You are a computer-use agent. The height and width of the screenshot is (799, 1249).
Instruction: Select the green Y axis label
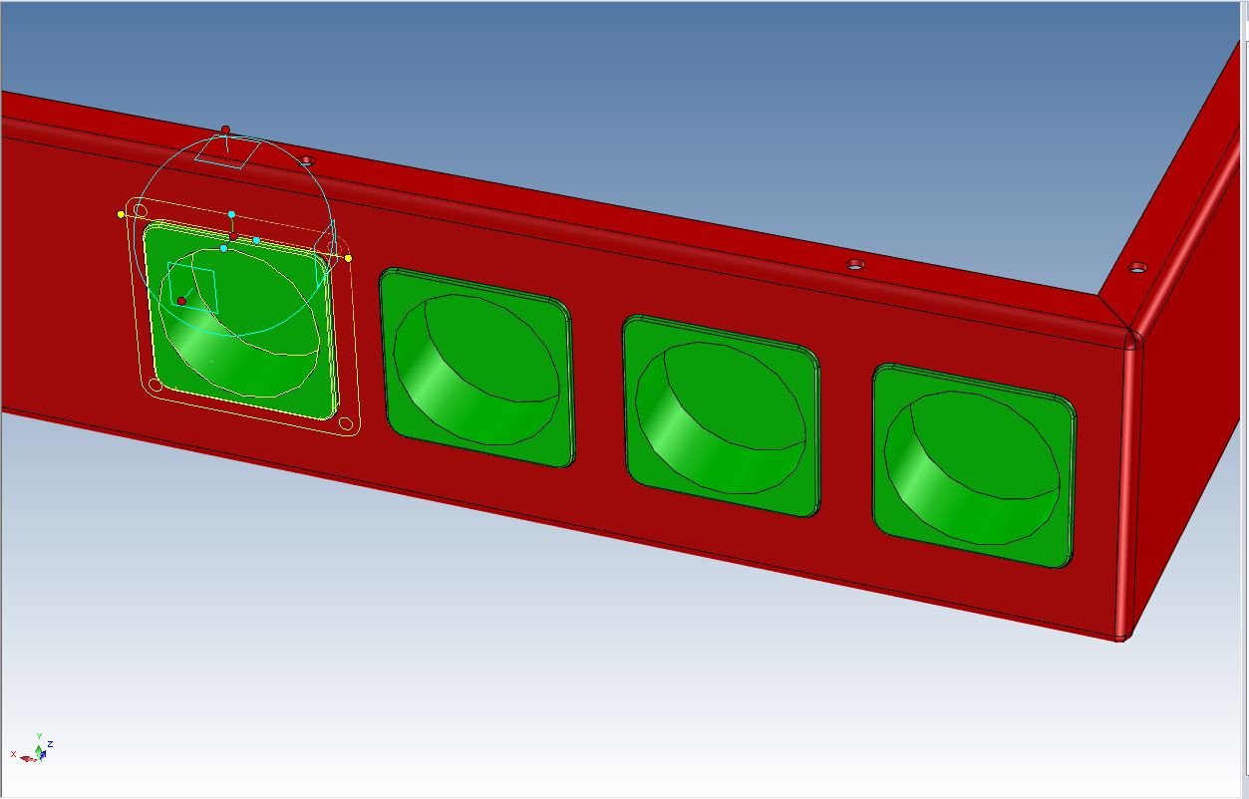click(39, 736)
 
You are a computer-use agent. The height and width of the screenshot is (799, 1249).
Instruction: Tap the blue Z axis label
click(50, 743)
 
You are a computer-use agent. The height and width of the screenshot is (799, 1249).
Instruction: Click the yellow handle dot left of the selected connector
click(122, 214)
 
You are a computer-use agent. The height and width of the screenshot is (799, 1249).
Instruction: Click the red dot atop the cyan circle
click(225, 130)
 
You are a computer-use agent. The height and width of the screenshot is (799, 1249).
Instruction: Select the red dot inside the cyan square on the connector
click(181, 301)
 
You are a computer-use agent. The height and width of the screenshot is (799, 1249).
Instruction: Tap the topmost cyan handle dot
click(231, 214)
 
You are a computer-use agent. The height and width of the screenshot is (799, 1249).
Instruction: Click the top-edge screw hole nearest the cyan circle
click(307, 159)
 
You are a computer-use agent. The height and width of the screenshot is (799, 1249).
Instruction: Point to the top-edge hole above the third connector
click(854, 264)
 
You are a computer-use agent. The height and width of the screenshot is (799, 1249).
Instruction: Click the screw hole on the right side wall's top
click(1136, 267)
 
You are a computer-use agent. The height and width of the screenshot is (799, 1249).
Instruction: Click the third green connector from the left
click(721, 414)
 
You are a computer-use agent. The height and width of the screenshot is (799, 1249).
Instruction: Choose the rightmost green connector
click(974, 465)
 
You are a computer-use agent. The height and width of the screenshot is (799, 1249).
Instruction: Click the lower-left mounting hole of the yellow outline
click(155, 385)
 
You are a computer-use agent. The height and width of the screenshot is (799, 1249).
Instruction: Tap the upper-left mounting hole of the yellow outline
click(141, 210)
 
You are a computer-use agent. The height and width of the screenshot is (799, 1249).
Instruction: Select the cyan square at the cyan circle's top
click(227, 152)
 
